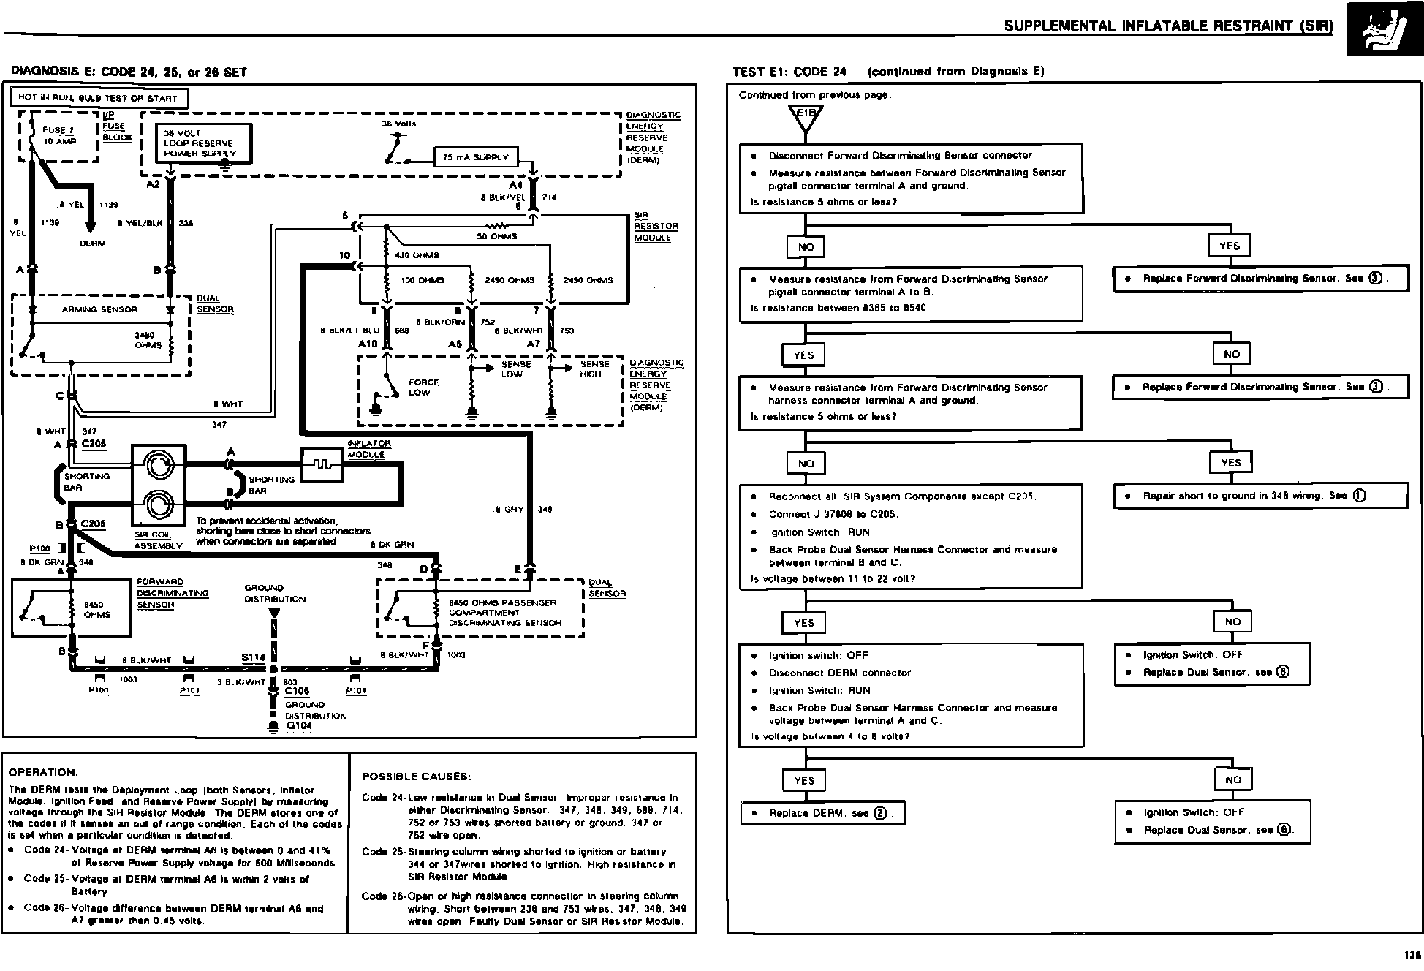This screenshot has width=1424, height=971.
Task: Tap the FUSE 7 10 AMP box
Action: (x=58, y=136)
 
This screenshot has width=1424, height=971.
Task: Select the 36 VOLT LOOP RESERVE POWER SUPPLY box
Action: (x=205, y=143)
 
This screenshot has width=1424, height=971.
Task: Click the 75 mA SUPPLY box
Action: (x=476, y=157)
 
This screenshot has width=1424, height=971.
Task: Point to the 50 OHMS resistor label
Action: (x=496, y=236)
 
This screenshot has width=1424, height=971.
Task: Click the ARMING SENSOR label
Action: (x=99, y=309)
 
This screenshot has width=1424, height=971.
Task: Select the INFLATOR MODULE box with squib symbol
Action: (x=322, y=464)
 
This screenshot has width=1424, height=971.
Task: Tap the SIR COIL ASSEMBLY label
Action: (x=158, y=540)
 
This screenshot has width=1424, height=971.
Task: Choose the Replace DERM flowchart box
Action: (x=822, y=813)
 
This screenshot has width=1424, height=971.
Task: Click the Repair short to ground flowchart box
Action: (x=1260, y=496)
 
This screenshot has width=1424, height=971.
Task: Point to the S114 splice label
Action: (x=253, y=657)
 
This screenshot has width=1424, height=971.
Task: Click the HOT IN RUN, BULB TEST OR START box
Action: (x=98, y=98)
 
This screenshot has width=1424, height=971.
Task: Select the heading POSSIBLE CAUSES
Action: (x=417, y=777)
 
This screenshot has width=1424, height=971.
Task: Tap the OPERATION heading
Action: (x=43, y=772)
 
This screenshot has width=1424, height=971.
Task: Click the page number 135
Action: (x=1411, y=955)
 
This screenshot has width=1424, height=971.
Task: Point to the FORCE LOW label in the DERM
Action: (x=423, y=388)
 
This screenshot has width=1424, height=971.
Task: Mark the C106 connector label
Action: (x=297, y=691)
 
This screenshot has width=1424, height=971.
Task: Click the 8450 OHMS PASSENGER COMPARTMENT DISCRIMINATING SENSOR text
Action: (x=504, y=613)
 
